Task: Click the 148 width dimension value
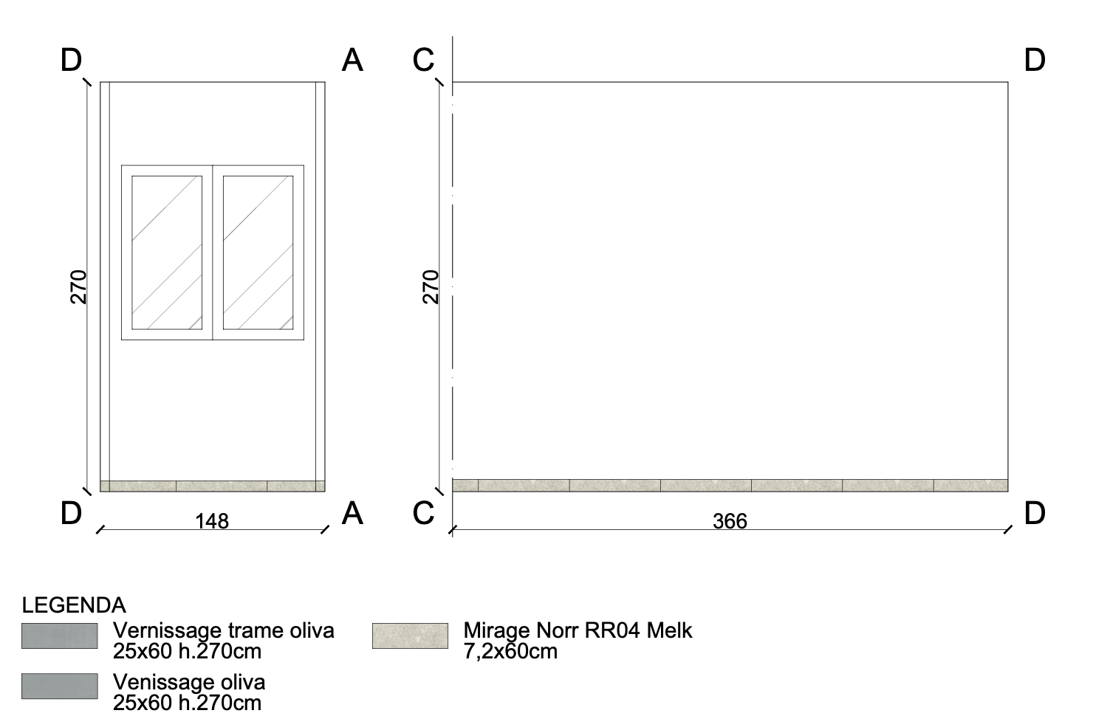[x=212, y=521]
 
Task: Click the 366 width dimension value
[x=730, y=521]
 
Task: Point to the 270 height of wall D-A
[x=78, y=287]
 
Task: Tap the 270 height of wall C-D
[x=431, y=287]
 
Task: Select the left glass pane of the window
[x=167, y=252]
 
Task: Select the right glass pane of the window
[x=258, y=252]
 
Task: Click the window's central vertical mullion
[x=213, y=252]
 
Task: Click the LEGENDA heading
[x=74, y=605]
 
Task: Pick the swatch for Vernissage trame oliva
[x=60, y=636]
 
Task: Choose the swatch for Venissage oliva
[x=60, y=686]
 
